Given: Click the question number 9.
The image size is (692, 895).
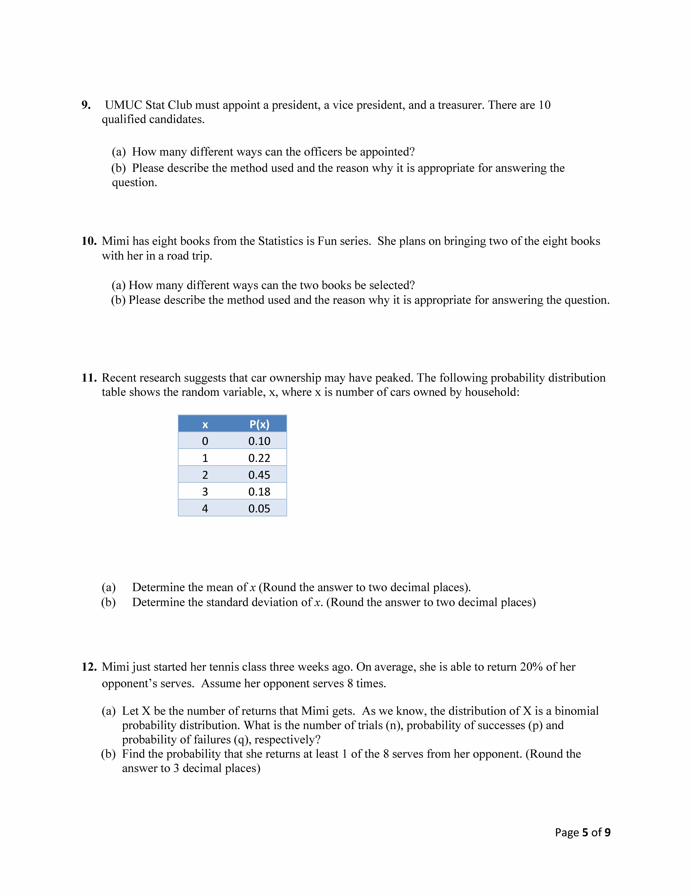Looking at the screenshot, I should click(86, 105).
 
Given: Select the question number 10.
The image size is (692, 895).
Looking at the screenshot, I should click(89, 241).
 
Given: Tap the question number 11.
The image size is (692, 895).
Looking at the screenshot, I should click(89, 378).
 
